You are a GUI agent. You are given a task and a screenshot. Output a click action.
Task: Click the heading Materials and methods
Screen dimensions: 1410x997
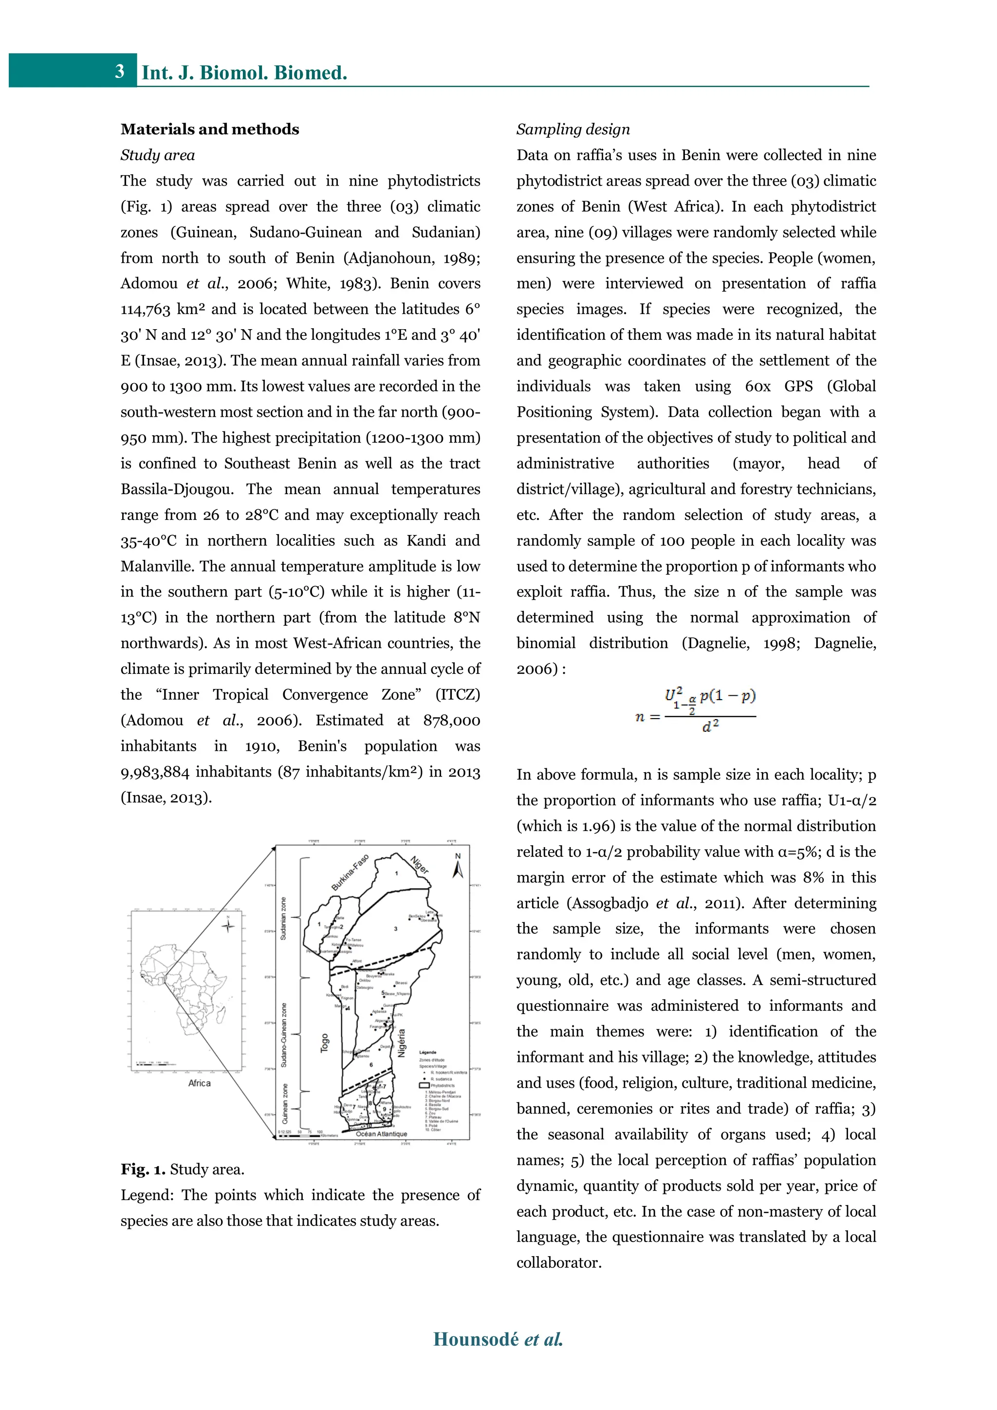pyautogui.click(x=209, y=129)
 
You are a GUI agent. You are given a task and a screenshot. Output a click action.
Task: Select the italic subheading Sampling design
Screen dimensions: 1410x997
pyautogui.click(x=573, y=129)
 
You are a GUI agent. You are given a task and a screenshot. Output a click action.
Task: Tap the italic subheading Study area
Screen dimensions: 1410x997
pyautogui.click(x=157, y=155)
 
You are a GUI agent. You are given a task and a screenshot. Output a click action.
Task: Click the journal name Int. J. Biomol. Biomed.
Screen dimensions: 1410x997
pyautogui.click(x=244, y=73)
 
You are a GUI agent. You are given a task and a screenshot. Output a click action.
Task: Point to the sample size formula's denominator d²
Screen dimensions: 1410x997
pyautogui.click(x=710, y=727)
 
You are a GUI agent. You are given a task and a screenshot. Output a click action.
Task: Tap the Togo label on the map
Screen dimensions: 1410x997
pyautogui.click(x=325, y=1043)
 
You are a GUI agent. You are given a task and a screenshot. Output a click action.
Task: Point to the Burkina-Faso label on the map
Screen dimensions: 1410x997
pyautogui.click(x=350, y=872)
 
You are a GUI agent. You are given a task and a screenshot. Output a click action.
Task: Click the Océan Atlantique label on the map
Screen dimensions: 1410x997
pyautogui.click(x=381, y=1133)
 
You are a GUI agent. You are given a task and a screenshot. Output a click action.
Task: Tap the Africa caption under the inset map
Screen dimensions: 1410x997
pyautogui.click(x=199, y=1083)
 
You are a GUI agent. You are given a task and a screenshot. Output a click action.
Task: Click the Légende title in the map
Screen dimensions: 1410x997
pyautogui.click(x=427, y=1052)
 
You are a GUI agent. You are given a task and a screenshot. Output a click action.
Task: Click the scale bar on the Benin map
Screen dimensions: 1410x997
pyautogui.click(x=301, y=1135)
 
